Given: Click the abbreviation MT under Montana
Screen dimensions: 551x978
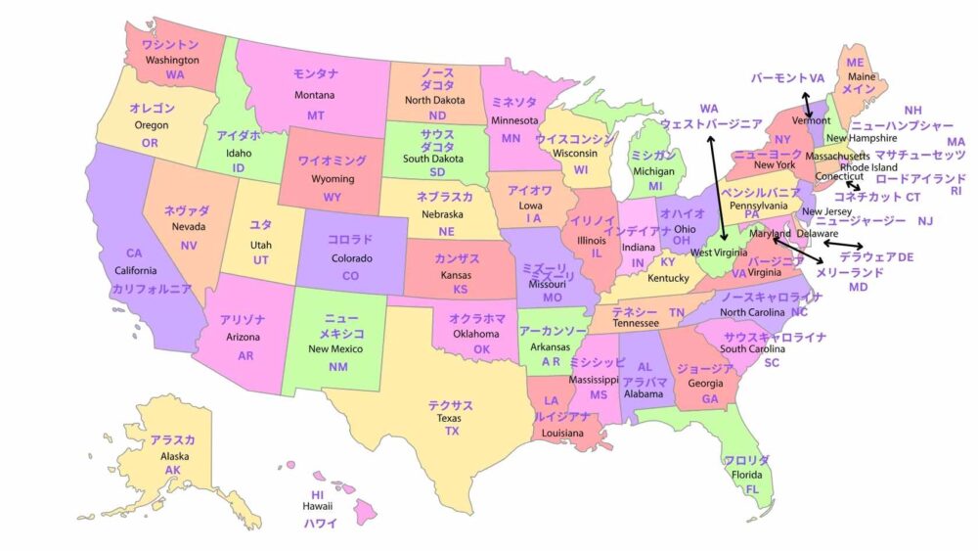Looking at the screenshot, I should coord(316,115).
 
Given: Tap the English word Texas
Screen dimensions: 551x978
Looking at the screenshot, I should coord(449,418).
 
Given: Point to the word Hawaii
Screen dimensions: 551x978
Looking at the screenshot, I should coord(317,506).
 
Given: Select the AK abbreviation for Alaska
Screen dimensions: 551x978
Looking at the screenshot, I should coord(173,470).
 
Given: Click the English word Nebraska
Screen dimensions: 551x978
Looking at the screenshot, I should coord(442,214).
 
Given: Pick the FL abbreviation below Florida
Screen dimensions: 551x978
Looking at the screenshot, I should coord(752,489).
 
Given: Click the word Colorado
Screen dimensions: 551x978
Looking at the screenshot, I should coord(351,258).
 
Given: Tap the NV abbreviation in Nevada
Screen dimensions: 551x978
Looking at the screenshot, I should coord(189,245).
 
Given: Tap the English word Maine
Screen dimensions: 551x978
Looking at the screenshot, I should coord(862,76).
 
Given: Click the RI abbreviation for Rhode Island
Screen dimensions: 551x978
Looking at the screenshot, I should coord(956,191).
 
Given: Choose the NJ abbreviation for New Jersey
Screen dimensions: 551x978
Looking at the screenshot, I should coord(925,221).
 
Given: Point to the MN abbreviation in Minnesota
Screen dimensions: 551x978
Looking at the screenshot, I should coord(511,138).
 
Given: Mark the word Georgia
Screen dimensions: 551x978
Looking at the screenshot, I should coord(706,384).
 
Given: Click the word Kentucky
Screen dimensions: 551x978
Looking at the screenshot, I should coord(669,278).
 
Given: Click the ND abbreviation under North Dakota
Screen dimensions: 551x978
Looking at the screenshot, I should coord(437,115).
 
